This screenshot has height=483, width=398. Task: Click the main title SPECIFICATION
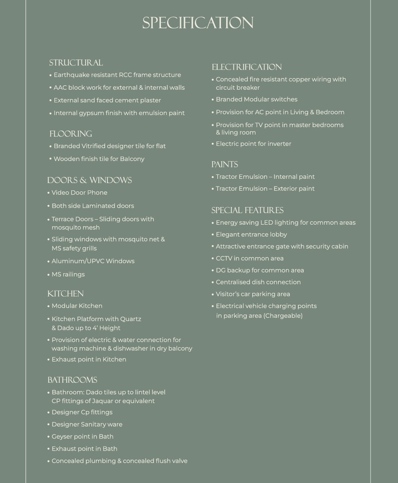click(x=198, y=23)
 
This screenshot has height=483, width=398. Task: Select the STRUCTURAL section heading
click(x=76, y=63)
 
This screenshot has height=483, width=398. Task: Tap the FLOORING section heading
click(x=71, y=134)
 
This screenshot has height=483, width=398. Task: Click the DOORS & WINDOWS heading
click(x=89, y=180)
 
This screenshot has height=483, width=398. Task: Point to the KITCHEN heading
click(x=65, y=294)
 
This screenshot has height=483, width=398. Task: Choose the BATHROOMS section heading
click(x=72, y=380)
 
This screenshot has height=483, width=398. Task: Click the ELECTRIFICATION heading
click(x=247, y=67)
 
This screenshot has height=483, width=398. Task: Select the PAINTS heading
click(x=225, y=164)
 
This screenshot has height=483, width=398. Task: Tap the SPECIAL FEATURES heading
click(x=247, y=210)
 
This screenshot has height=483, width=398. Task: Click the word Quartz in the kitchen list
click(x=131, y=319)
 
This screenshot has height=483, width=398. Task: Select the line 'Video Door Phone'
click(x=79, y=193)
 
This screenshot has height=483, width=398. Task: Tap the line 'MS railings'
click(x=68, y=274)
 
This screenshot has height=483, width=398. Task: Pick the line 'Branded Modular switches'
click(x=257, y=99)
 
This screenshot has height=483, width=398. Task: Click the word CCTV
click(x=224, y=258)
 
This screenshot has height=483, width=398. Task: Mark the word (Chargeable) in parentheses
click(x=283, y=316)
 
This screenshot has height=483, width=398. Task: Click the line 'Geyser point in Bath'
click(x=82, y=436)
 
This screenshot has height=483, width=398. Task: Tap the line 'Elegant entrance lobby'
click(x=251, y=235)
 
